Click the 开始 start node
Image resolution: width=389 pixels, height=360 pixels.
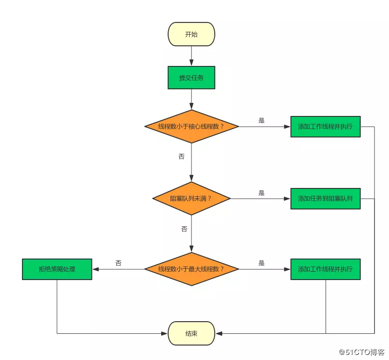click(x=191, y=35)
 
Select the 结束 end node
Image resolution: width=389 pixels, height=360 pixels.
click(x=191, y=333)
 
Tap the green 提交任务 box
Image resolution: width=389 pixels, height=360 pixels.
click(x=191, y=78)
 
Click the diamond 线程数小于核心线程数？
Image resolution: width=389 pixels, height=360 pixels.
click(x=191, y=126)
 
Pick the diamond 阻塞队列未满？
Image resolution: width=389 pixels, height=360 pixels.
click(x=191, y=198)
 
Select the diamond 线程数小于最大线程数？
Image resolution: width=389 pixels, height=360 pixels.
click(x=191, y=269)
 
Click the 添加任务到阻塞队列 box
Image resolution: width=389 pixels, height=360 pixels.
click(x=325, y=198)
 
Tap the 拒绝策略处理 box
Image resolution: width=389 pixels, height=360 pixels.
click(x=57, y=269)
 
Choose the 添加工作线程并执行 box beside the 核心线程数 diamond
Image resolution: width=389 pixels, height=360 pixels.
click(x=325, y=126)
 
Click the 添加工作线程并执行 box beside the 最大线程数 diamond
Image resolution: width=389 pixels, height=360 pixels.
click(x=325, y=269)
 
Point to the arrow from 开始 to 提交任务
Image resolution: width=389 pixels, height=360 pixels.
click(x=191, y=56)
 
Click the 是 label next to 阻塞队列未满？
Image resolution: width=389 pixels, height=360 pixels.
click(x=262, y=193)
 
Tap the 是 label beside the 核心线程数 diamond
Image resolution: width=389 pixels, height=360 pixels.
click(x=262, y=120)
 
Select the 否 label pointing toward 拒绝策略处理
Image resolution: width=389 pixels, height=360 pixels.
click(x=119, y=263)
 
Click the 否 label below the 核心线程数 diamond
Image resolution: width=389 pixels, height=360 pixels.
click(x=182, y=157)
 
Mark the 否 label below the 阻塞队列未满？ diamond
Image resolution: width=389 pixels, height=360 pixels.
click(x=184, y=229)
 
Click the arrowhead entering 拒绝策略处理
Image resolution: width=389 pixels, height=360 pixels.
click(x=96, y=269)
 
